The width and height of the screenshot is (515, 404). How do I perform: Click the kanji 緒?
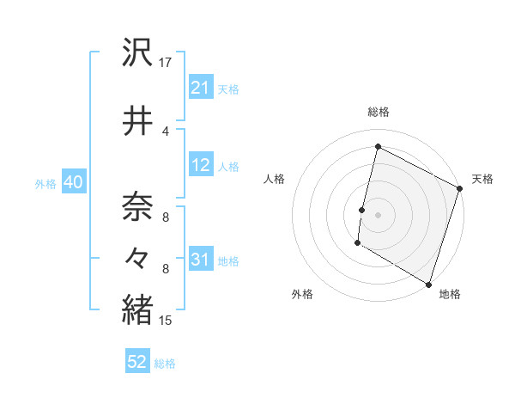click(x=137, y=309)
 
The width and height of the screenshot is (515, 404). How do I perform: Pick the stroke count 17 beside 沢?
click(x=166, y=63)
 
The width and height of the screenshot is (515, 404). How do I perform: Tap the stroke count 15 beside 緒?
click(x=166, y=321)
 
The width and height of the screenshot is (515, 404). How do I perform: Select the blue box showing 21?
click(x=200, y=89)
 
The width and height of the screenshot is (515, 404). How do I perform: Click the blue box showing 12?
click(x=200, y=166)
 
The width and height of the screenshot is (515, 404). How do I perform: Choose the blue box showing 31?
click(x=200, y=260)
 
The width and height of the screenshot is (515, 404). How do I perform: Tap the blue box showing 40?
click(x=73, y=183)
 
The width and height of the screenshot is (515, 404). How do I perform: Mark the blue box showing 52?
click(x=137, y=363)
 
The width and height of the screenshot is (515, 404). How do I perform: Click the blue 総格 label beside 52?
click(x=165, y=364)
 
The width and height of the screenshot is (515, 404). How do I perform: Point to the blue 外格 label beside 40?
click(x=45, y=184)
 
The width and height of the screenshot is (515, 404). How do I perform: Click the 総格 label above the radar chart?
click(x=379, y=112)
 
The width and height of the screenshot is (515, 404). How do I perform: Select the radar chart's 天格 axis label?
click(x=482, y=179)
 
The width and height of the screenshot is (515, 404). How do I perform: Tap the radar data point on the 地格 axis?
click(x=427, y=284)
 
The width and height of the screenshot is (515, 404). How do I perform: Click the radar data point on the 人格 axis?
click(x=362, y=210)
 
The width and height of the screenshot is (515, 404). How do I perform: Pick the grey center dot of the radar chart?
click(x=378, y=215)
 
